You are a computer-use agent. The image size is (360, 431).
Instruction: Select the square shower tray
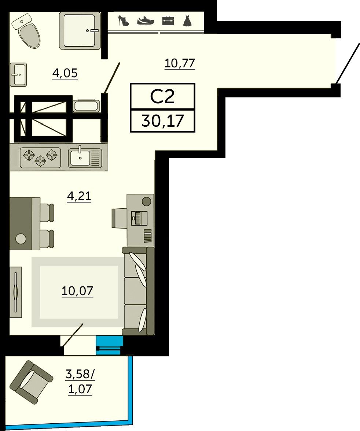80,30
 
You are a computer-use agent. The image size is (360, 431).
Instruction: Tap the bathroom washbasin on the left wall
18,74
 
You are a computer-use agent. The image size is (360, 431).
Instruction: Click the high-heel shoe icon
123,21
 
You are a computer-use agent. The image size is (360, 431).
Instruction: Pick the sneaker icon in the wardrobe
146,21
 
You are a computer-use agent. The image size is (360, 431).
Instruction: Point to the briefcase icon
168,21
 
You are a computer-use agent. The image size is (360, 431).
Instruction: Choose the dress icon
187,21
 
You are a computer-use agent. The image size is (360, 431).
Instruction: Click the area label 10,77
180,63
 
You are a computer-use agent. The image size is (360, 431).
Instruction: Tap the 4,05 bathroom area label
65,73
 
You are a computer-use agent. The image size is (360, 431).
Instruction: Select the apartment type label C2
162,96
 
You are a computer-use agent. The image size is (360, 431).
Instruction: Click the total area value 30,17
162,121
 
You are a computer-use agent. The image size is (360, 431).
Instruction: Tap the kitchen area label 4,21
79,197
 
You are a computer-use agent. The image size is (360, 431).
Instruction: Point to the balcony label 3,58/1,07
80,382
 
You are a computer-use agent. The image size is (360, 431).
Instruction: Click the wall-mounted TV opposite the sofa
16,292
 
